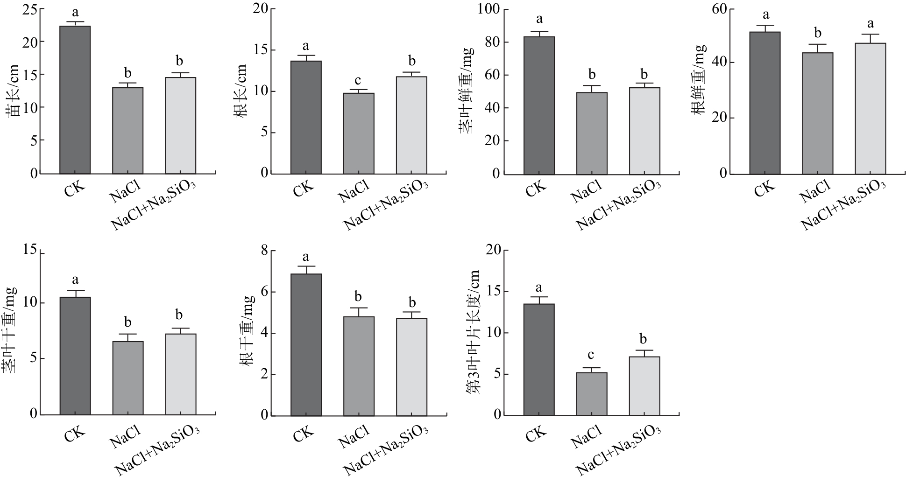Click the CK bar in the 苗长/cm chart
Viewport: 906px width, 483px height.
tap(75, 100)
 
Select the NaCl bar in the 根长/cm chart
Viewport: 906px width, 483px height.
tap(359, 133)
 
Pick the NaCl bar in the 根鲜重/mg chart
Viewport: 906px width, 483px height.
tap(818, 113)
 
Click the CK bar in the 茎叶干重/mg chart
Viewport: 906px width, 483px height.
tap(75, 356)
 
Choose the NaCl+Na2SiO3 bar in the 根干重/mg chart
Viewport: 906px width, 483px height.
tap(411, 367)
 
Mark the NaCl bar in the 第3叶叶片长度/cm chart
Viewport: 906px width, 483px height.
tap(592, 394)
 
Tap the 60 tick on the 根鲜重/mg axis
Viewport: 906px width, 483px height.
tap(720, 9)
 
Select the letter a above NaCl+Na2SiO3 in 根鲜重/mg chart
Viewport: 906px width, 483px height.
tap(870, 24)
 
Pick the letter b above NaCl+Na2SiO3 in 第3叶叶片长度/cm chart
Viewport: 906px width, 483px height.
tap(644, 339)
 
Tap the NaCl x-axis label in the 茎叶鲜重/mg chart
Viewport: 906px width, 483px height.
tap(586, 191)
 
